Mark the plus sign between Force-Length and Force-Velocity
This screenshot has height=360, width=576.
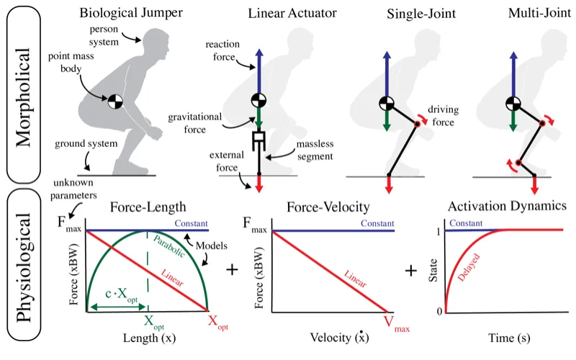pyautogui.click(x=233, y=270)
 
